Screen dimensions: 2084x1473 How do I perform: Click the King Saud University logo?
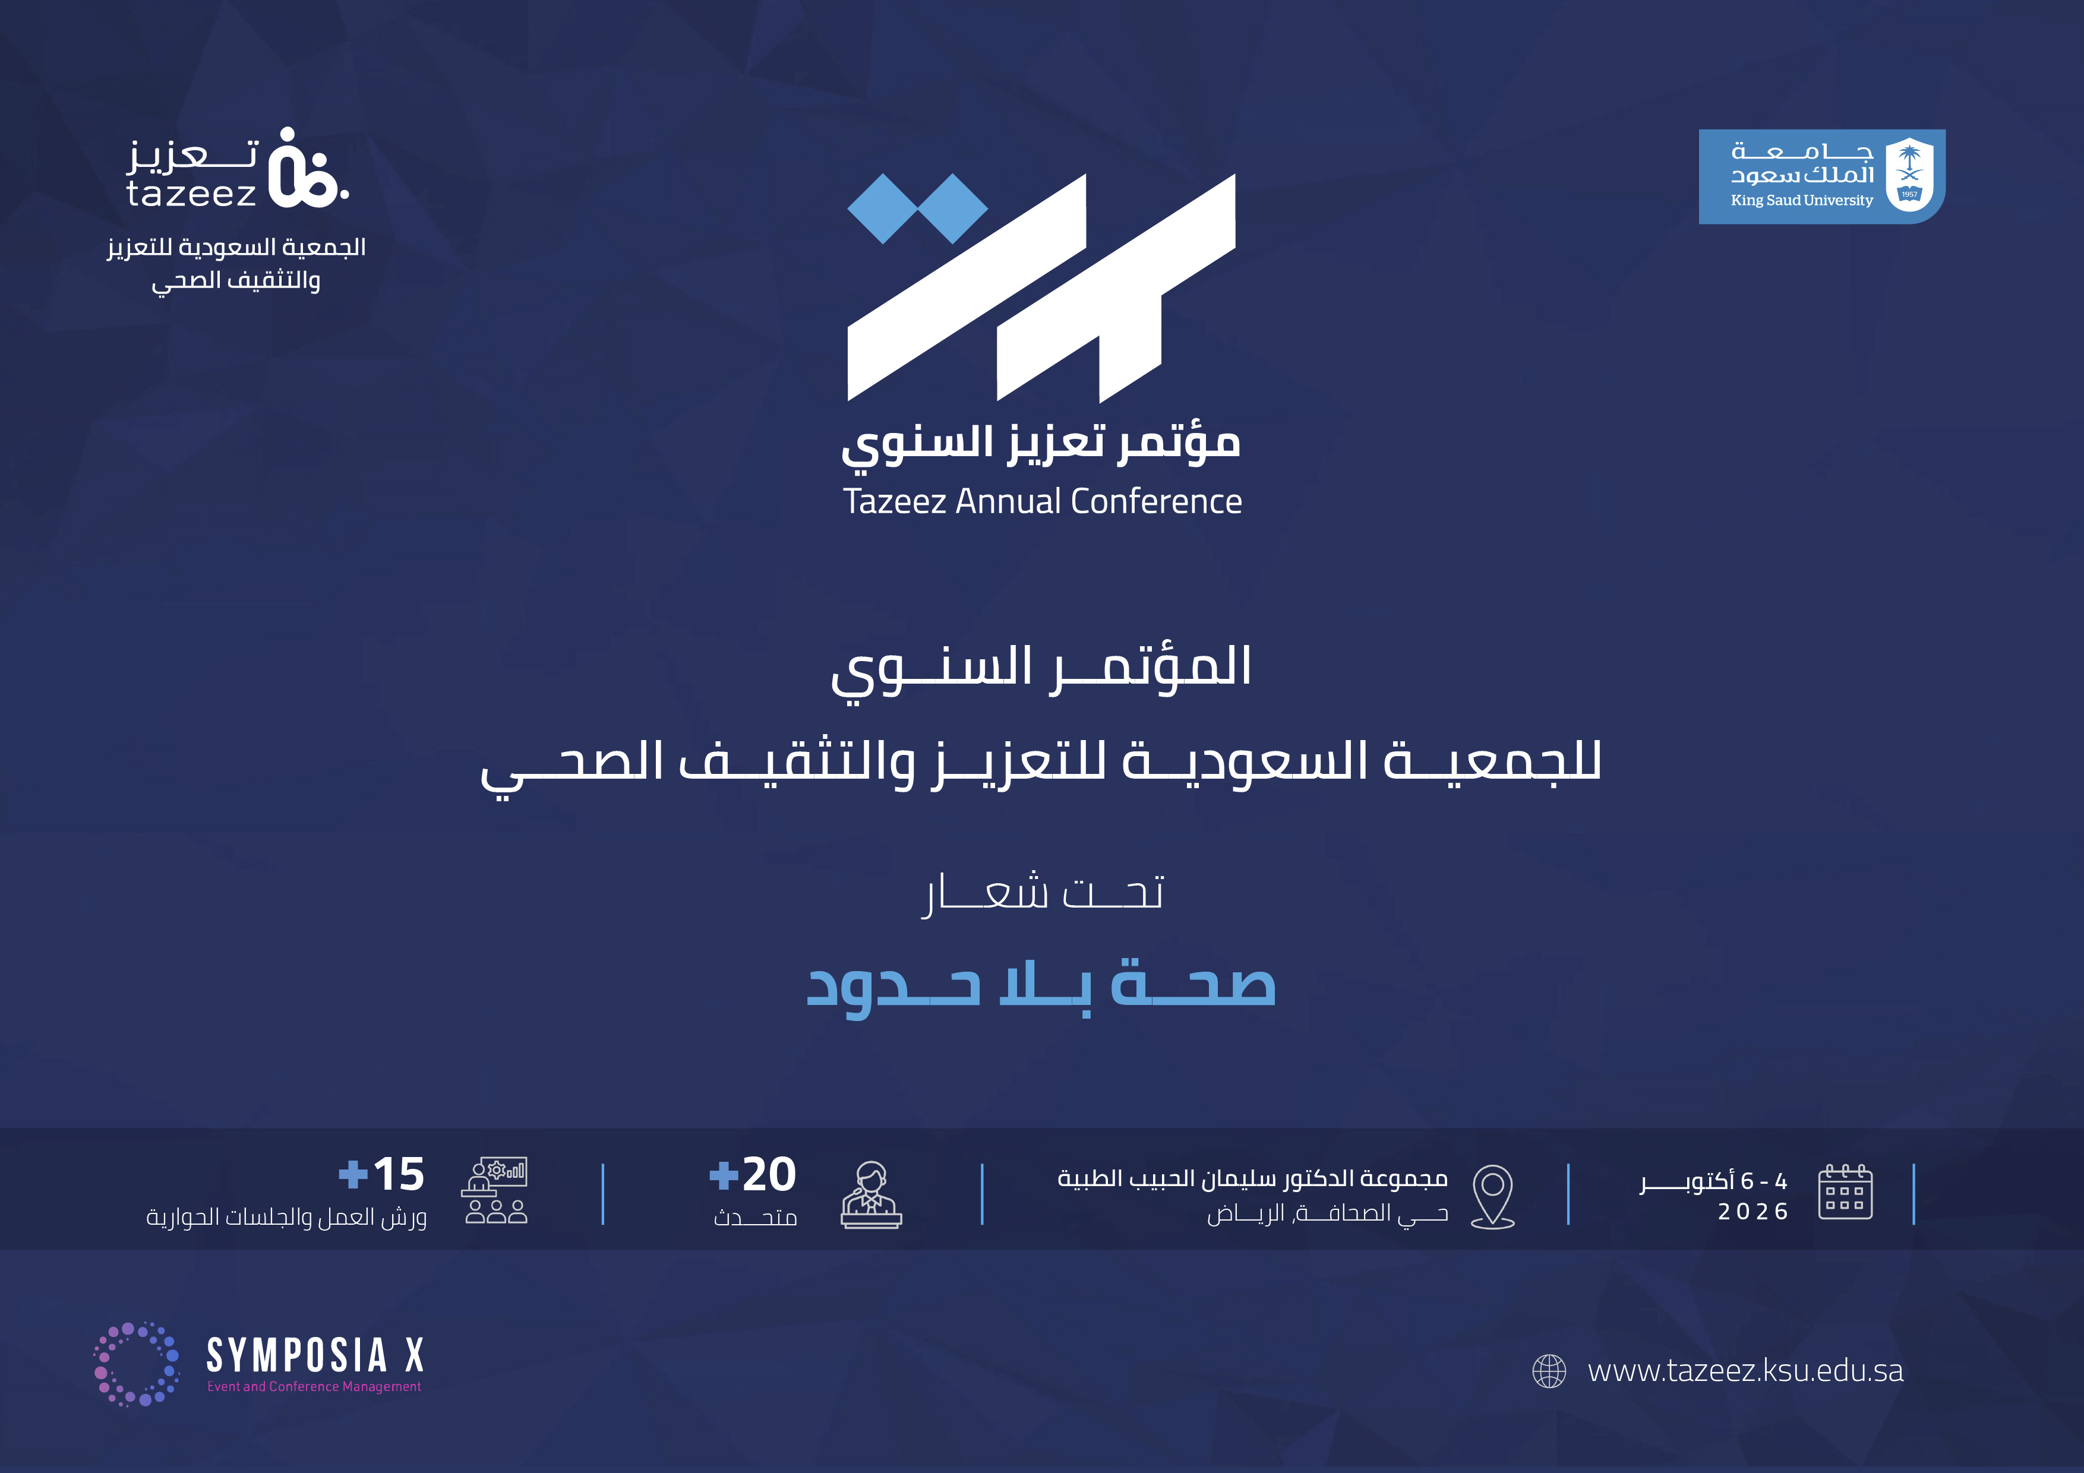tap(1821, 176)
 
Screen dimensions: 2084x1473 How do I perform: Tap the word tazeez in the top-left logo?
tap(191, 193)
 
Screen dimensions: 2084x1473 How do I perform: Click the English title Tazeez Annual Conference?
tap(1042, 501)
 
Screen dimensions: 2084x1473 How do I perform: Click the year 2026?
tap(1753, 1212)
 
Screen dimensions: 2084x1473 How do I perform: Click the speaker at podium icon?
tap(872, 1195)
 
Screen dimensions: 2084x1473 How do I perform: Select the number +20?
tap(753, 1174)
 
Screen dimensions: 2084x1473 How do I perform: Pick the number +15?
tap(381, 1174)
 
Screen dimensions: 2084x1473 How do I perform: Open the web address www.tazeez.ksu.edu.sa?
tap(1745, 1370)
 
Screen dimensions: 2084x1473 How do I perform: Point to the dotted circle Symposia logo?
tap(137, 1364)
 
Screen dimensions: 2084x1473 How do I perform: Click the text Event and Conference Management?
tap(314, 1387)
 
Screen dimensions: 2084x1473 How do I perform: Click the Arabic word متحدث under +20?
tap(755, 1216)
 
